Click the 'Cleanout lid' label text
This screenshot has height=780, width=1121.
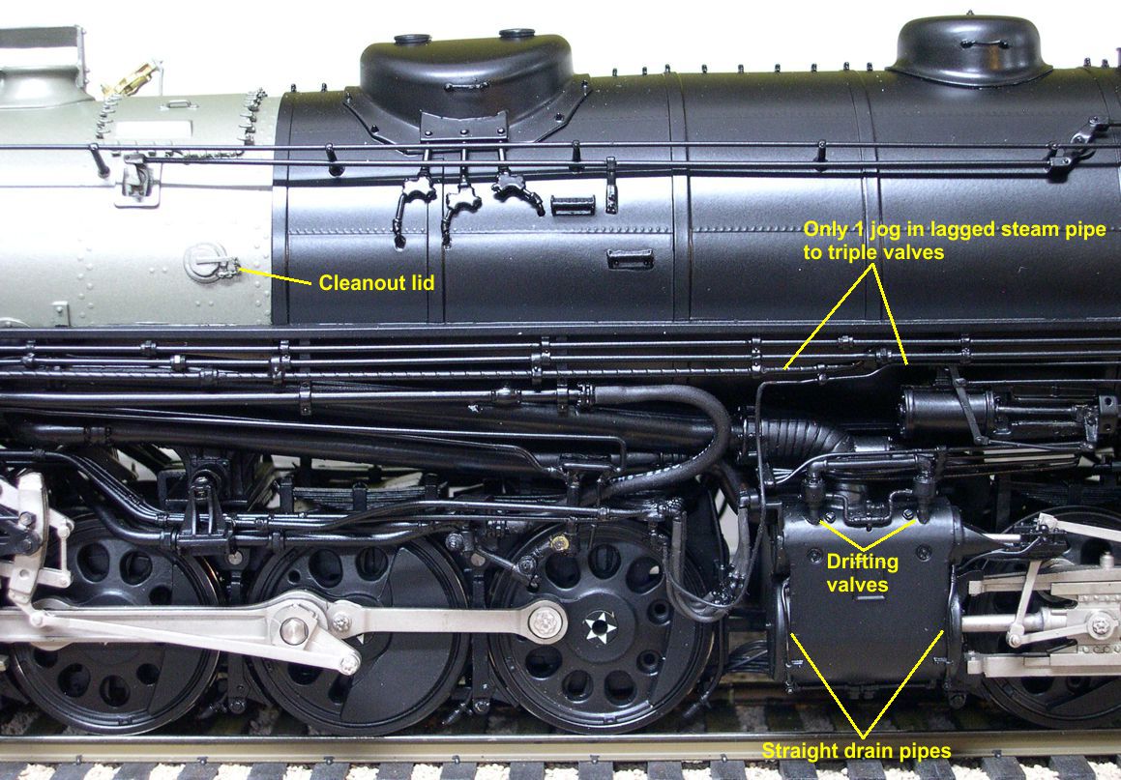coord(376,283)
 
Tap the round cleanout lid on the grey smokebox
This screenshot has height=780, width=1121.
coord(204,262)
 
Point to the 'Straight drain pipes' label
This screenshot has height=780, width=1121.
coord(856,751)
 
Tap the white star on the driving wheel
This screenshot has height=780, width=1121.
coord(600,627)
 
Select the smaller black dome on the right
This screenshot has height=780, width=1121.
coord(970,50)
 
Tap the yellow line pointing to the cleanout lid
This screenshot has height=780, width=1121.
coord(275,275)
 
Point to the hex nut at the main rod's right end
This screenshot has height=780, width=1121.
coord(546,622)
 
